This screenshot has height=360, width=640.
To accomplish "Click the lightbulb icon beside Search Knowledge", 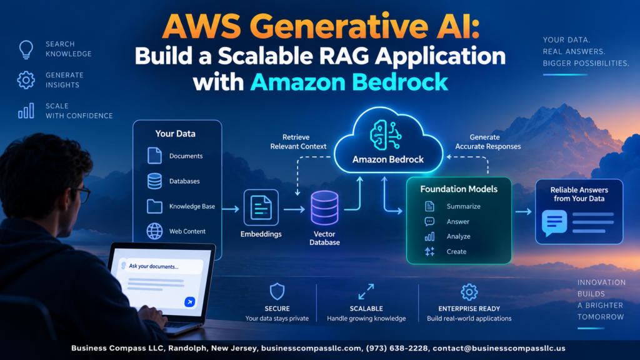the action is [x=26, y=49].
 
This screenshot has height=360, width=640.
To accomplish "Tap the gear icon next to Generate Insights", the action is [x=26, y=80].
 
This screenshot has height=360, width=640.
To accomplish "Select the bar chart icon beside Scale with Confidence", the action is [x=26, y=111].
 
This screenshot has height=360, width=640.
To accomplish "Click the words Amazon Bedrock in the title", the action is [x=349, y=82].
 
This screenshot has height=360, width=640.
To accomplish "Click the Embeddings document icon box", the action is [x=261, y=207].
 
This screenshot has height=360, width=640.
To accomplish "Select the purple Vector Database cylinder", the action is [x=324, y=207].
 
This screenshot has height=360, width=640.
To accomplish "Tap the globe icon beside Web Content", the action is [x=155, y=231].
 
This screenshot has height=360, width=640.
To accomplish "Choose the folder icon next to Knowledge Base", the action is [x=155, y=206].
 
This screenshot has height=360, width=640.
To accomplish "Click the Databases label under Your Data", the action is [x=184, y=181].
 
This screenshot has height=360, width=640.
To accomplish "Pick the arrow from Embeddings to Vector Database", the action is [x=294, y=209].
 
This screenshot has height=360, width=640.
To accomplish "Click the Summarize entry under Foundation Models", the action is [x=464, y=206].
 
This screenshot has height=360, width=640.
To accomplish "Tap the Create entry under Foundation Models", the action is [x=456, y=251].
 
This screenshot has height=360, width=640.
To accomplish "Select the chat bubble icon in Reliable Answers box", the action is [x=554, y=222].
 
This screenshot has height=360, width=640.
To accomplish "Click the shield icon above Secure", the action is [x=277, y=292].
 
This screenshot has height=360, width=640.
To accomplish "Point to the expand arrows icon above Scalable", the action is [x=366, y=292].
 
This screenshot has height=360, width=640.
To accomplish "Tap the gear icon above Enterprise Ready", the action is [x=469, y=292].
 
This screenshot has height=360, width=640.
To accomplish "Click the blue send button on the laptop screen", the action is [x=189, y=302].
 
